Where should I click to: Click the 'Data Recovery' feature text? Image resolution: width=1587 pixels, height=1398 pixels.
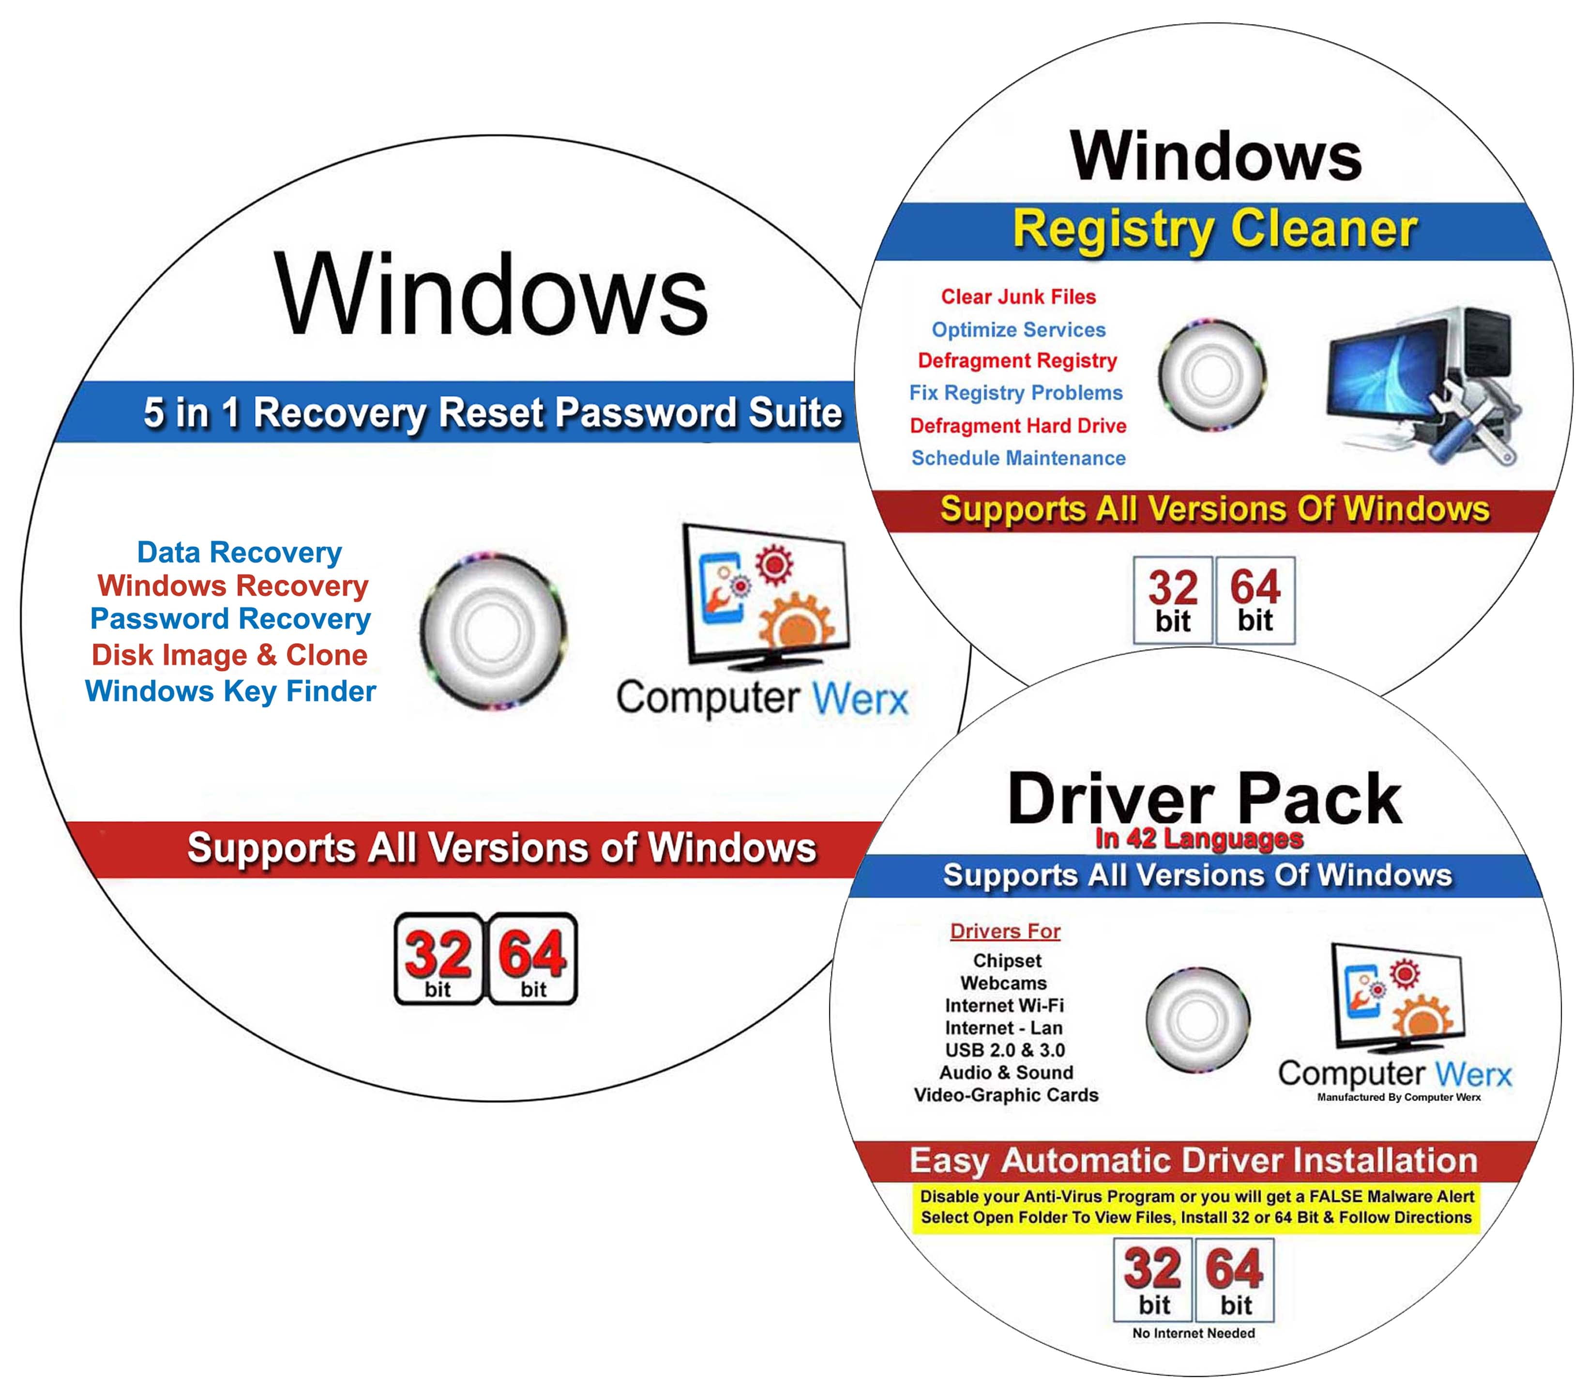point(239,552)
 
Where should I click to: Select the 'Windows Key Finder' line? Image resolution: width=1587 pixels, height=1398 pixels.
point(230,691)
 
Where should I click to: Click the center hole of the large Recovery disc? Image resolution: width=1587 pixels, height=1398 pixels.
point(492,630)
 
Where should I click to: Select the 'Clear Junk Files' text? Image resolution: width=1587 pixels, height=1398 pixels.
point(1018,297)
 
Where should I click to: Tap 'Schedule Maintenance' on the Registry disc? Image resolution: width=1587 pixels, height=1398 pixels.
point(1018,458)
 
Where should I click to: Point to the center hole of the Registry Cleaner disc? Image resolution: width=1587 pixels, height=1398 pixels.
point(1211,374)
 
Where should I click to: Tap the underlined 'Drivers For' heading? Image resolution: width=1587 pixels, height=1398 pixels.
point(1005,931)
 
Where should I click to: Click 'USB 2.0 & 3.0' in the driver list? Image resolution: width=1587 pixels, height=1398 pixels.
point(1005,1050)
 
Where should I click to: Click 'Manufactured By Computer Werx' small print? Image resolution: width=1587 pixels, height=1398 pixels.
point(1398,1097)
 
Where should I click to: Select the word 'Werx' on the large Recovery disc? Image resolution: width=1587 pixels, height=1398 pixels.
point(860,699)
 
